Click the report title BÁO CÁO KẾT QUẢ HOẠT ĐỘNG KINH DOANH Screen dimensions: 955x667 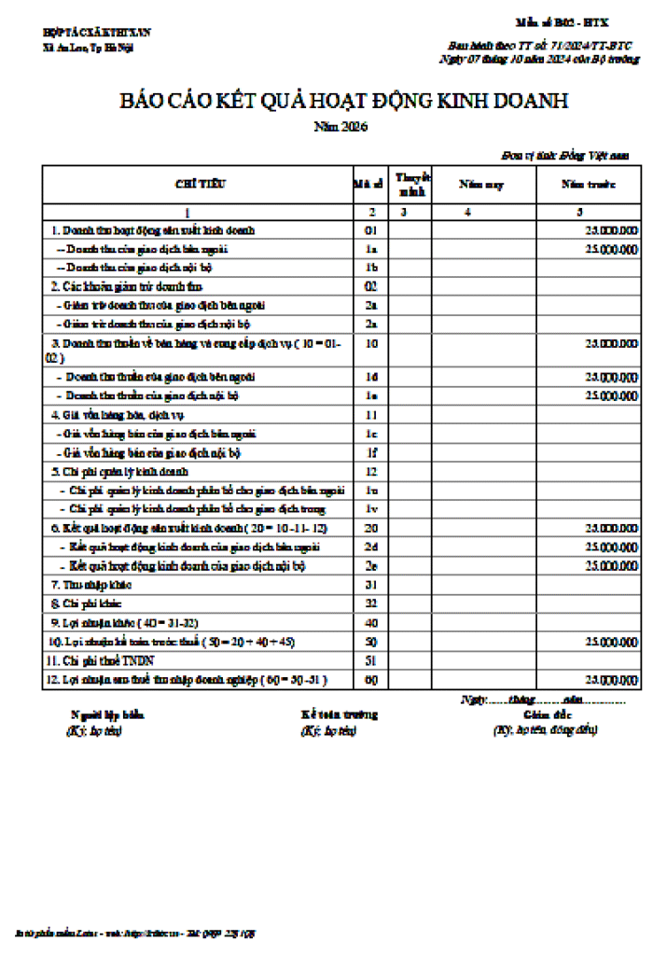click(x=342, y=102)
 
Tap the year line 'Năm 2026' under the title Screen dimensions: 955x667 click(x=341, y=127)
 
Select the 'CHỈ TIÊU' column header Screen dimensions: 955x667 click(x=195, y=185)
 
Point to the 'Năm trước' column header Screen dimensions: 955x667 click(x=588, y=185)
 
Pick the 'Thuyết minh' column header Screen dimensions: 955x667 click(x=411, y=185)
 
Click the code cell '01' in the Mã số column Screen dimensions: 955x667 click(x=370, y=229)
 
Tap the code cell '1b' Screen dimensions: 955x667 click(x=370, y=268)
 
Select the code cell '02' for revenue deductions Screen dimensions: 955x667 click(x=370, y=286)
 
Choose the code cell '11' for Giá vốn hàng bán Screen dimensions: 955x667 click(x=370, y=414)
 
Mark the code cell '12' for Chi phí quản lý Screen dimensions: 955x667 click(x=370, y=472)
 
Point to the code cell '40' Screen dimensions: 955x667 click(x=370, y=622)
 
